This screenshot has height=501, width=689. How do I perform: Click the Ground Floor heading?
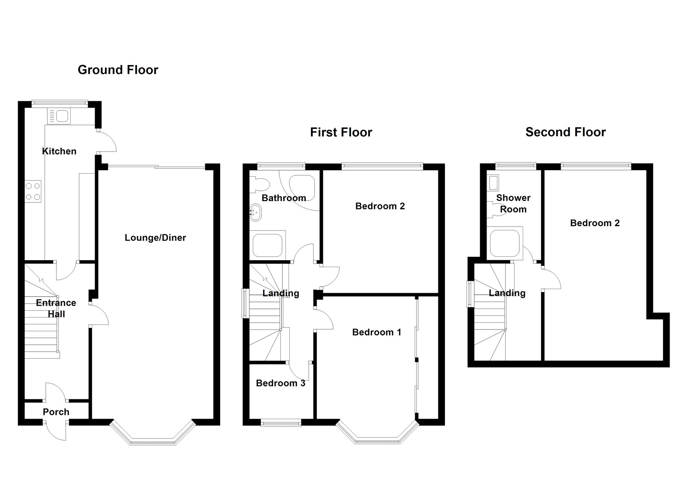(x=118, y=70)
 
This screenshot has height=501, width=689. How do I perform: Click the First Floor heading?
(x=341, y=132)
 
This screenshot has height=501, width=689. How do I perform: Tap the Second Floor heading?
(x=565, y=132)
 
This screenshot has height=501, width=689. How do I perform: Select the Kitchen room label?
(x=59, y=151)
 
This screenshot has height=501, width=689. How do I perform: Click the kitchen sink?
(x=59, y=116)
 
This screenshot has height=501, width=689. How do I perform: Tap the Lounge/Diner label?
(x=155, y=237)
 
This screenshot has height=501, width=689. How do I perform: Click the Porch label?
(x=56, y=412)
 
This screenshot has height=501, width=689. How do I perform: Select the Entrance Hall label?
(x=56, y=308)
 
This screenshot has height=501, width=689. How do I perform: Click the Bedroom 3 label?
(x=280, y=383)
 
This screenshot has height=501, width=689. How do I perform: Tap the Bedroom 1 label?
(x=376, y=332)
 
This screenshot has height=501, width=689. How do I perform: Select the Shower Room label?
(x=513, y=203)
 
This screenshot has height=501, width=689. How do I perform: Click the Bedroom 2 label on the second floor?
(x=595, y=223)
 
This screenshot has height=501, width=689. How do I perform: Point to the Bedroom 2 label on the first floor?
(x=380, y=206)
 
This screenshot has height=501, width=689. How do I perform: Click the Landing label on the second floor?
(x=507, y=293)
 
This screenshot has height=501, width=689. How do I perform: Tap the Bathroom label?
(x=284, y=198)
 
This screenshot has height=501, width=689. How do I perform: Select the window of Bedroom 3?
(x=282, y=423)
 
